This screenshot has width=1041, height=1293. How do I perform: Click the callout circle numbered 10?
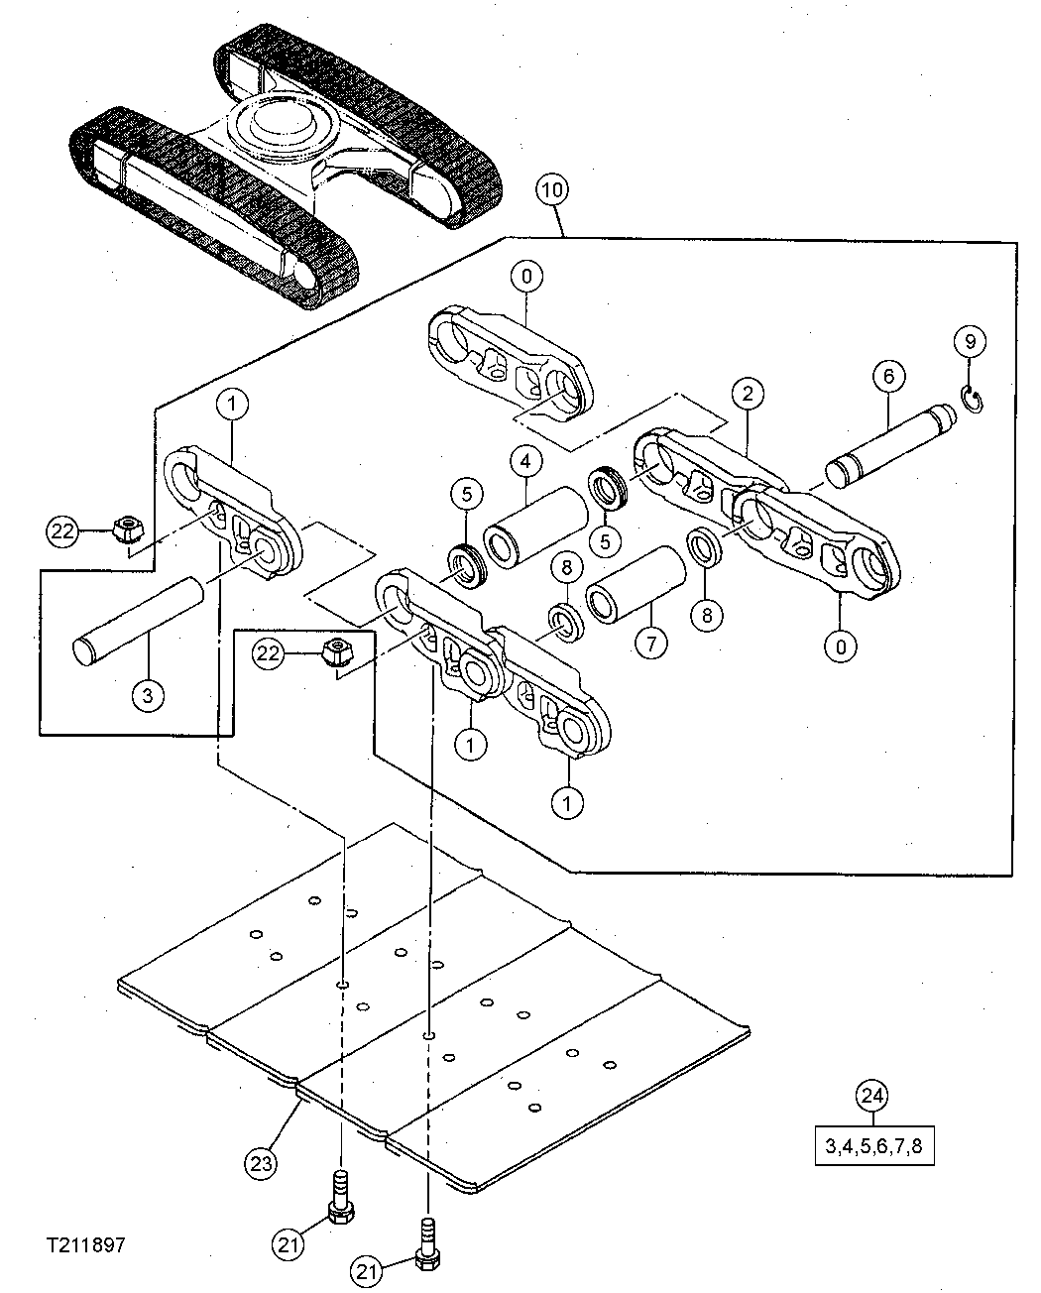pos(551,189)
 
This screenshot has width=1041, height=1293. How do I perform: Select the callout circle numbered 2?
pos(748,393)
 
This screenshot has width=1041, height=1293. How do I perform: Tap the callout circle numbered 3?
pos(147,695)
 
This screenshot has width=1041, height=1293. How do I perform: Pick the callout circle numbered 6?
pos(888,376)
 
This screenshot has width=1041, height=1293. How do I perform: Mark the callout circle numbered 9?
pos(970,341)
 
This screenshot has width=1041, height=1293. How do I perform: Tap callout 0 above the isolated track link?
pos(526,277)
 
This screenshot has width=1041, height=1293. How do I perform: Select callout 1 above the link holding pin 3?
pos(233,405)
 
